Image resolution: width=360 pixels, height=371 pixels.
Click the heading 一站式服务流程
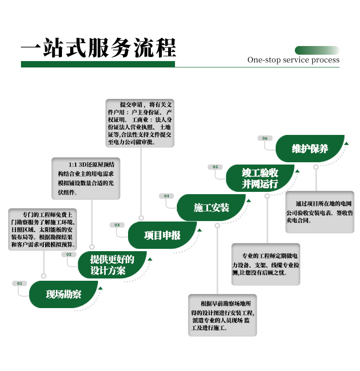[x=98, y=48]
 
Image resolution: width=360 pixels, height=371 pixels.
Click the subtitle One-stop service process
[x=293, y=60]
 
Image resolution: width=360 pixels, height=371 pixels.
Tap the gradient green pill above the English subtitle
[x=317, y=51]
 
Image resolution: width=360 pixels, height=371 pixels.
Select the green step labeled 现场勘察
[x=63, y=294]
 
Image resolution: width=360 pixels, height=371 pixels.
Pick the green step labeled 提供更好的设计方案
[x=113, y=265]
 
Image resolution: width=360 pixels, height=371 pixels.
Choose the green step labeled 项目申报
[x=162, y=235]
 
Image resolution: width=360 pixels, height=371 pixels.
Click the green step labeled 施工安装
[x=211, y=207]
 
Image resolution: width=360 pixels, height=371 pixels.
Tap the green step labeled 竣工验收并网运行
[x=260, y=178]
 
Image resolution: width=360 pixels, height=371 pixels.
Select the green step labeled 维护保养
[x=310, y=149]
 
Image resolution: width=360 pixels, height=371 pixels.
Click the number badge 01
[x=20, y=283]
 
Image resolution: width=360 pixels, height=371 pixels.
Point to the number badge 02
[x=69, y=254]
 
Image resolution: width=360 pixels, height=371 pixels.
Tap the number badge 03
[x=117, y=225]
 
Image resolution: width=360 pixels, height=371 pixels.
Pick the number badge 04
[x=167, y=196]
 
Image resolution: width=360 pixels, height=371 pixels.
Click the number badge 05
[x=215, y=167]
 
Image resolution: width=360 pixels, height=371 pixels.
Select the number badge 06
[x=265, y=138]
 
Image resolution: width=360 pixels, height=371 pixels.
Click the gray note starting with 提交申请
[x=140, y=123]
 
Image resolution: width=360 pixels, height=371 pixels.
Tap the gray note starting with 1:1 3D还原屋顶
[x=86, y=178]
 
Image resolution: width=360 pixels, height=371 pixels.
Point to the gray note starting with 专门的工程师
[x=42, y=229]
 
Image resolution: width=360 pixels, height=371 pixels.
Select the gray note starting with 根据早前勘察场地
[x=222, y=315]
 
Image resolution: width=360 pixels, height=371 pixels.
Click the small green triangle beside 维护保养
[x=346, y=144]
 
